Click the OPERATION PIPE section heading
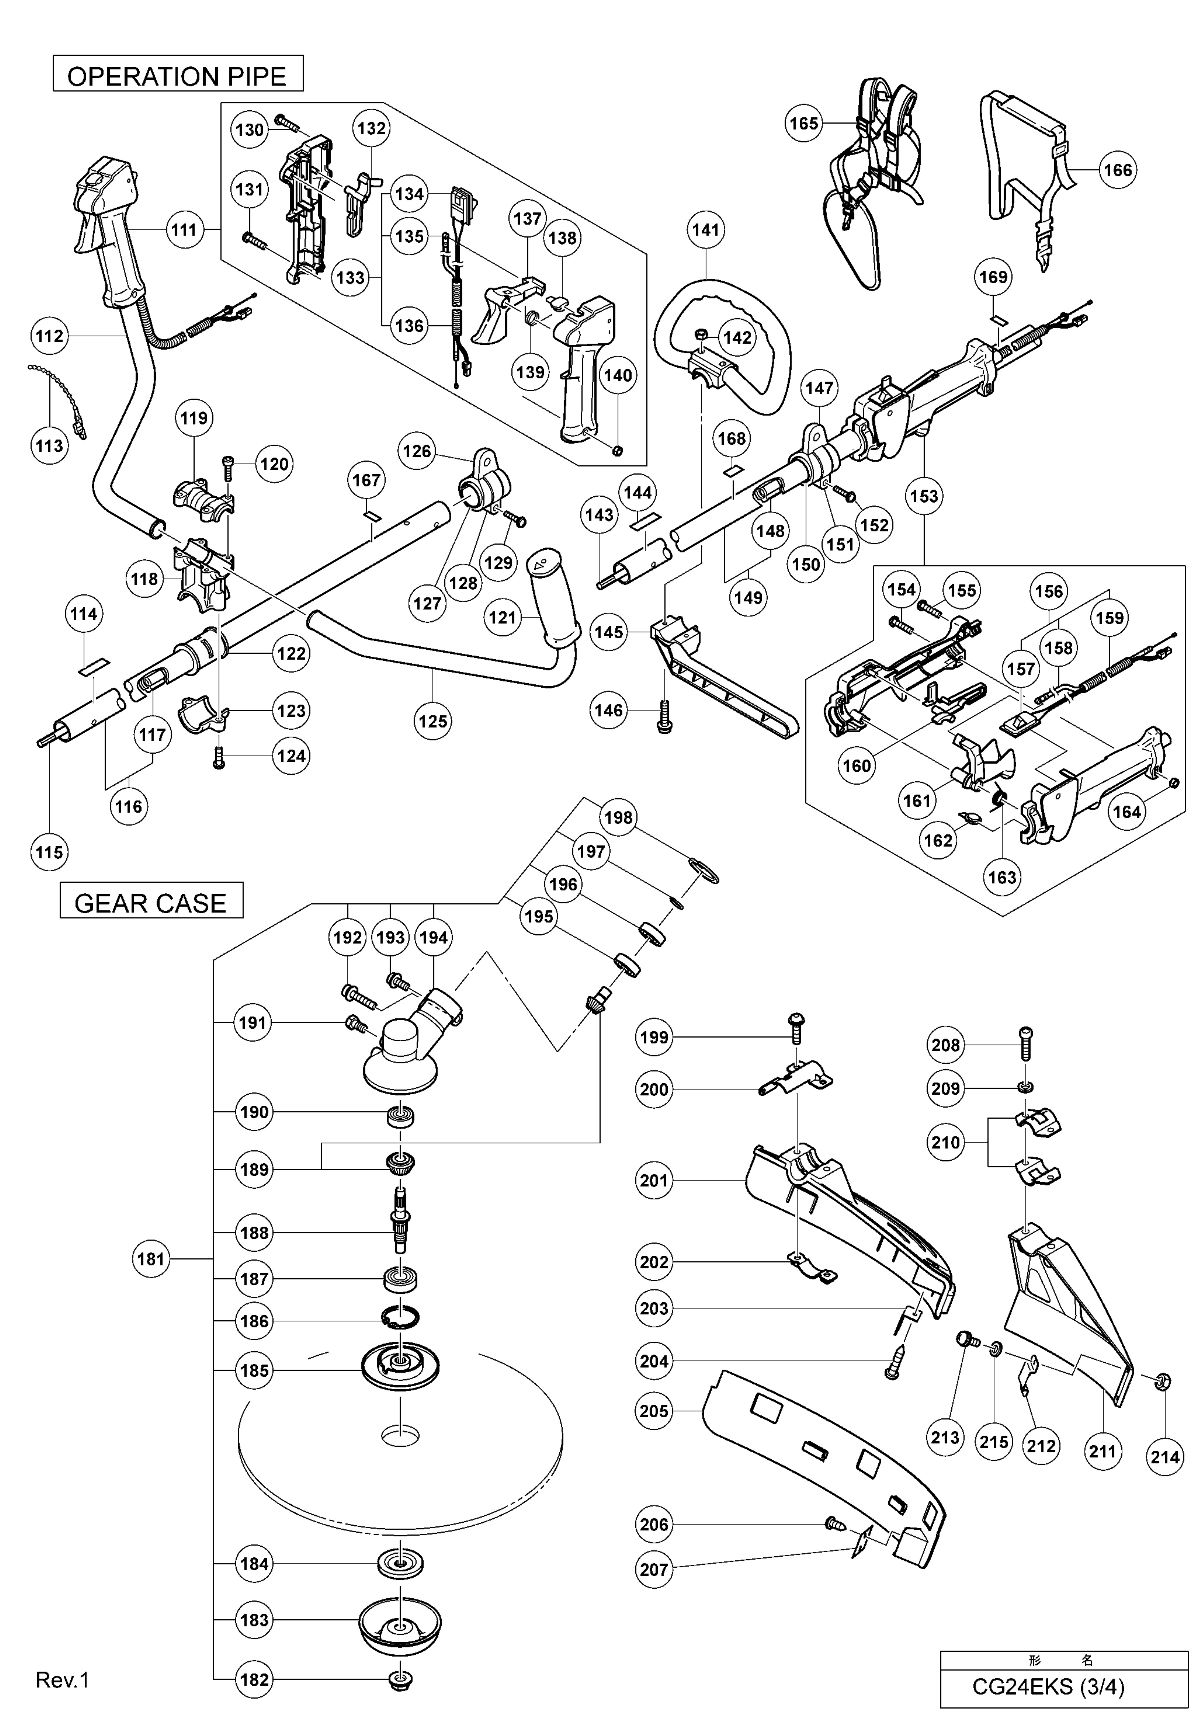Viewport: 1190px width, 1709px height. point(177,76)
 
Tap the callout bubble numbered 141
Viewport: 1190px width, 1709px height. point(705,230)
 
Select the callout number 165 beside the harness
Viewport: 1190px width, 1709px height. point(804,123)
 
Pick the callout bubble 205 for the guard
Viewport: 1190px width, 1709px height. point(654,1411)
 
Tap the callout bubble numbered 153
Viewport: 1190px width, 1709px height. point(923,496)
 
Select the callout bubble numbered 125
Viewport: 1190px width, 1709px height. point(433,720)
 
